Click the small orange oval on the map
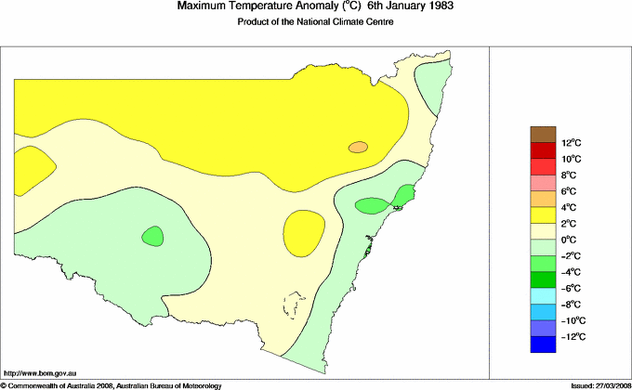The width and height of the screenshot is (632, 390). [359, 147]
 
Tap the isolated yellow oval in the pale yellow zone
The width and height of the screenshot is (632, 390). [303, 228]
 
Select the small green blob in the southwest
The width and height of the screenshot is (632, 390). [151, 236]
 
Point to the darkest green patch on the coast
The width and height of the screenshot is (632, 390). [404, 195]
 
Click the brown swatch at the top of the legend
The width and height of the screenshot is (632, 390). [543, 135]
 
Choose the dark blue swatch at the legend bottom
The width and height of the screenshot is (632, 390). [543, 344]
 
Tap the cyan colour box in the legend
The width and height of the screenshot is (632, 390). [543, 296]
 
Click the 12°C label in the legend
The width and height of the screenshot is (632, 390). [571, 143]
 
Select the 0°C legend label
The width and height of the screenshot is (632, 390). [570, 240]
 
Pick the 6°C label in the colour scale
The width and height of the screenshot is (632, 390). [569, 191]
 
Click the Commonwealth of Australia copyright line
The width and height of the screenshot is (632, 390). [111, 384]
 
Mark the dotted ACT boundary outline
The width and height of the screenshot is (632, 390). [296, 305]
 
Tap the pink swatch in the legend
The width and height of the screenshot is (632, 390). [543, 183]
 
